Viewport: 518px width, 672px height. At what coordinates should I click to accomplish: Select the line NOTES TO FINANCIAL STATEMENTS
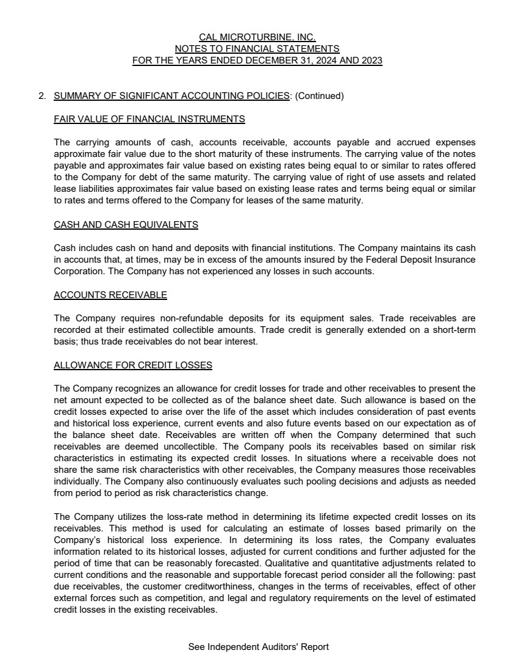click(x=257, y=49)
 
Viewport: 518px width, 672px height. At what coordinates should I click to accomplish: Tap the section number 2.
click(x=42, y=96)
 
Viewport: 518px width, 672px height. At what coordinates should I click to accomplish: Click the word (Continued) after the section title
click(x=320, y=96)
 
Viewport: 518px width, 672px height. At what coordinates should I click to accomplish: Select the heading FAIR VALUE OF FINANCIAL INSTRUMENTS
click(x=149, y=119)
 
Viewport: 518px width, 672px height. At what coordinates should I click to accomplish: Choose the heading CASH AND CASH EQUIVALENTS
click(x=126, y=224)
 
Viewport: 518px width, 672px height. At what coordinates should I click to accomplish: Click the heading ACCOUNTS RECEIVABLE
click(x=110, y=295)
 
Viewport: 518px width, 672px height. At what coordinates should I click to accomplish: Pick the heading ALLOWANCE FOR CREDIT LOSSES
click(x=133, y=365)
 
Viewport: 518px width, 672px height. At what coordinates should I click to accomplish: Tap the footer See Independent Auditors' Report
click(x=259, y=647)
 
